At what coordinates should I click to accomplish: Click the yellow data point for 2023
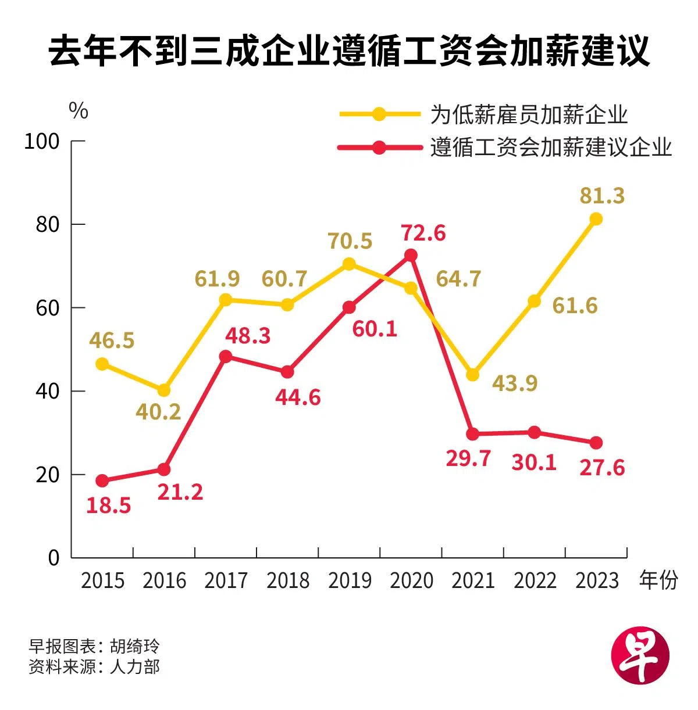pyautogui.click(x=596, y=219)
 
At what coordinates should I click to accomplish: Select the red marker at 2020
pyautogui.click(x=411, y=255)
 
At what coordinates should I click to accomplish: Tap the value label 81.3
pyautogui.click(x=602, y=196)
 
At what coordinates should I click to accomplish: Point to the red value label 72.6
pyautogui.click(x=423, y=233)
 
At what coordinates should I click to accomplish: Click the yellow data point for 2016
pyautogui.click(x=164, y=390)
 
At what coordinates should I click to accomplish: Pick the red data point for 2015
pyautogui.click(x=102, y=480)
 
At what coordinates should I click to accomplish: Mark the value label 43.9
pyautogui.click(x=515, y=383)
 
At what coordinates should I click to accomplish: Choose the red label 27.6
pyautogui.click(x=602, y=468)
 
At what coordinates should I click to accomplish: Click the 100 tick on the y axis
pyautogui.click(x=42, y=141)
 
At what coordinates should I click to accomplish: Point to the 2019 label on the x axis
pyautogui.click(x=350, y=580)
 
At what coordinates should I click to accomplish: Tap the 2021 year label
pyautogui.click(x=473, y=580)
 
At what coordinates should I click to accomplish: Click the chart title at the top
pyautogui.click(x=348, y=51)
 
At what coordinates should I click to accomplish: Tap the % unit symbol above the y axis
pyautogui.click(x=79, y=110)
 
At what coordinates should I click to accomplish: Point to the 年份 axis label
pyautogui.click(x=658, y=580)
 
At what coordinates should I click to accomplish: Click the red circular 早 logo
pyautogui.click(x=640, y=655)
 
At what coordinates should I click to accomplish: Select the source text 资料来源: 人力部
pyautogui.click(x=94, y=666)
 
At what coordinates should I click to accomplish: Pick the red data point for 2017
pyautogui.click(x=226, y=356)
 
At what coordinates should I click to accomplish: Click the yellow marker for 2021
pyautogui.click(x=472, y=375)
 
